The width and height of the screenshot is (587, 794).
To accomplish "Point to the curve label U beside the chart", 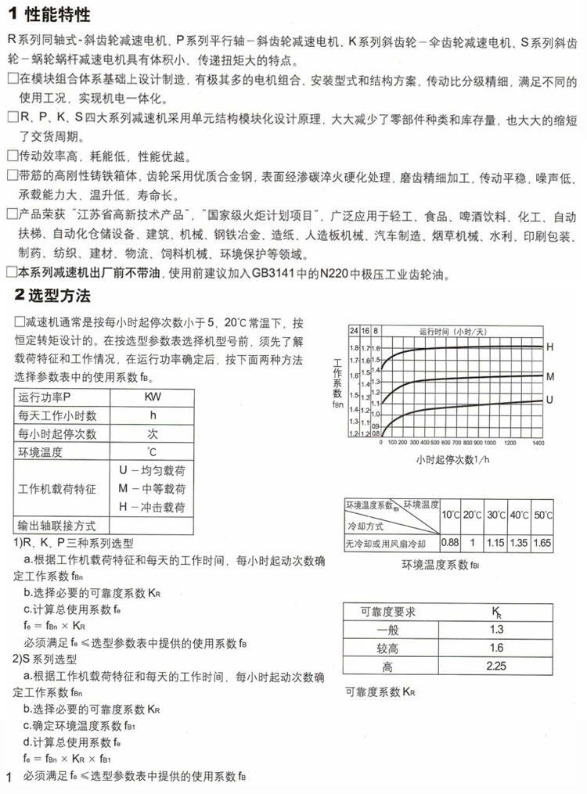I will coord(549,400).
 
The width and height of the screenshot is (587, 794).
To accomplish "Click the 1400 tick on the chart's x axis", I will coord(538,442).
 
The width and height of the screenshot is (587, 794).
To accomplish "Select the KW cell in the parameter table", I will coord(153,397).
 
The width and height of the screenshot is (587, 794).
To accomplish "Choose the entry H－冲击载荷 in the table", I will coord(152,508).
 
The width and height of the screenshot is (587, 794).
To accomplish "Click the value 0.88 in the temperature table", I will coord(449,542).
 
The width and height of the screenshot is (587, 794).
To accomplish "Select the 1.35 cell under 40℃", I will coord(519,542).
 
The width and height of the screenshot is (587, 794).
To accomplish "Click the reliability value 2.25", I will coord(496,667).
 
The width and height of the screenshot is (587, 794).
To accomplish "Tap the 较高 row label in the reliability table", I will coord(387,648).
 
